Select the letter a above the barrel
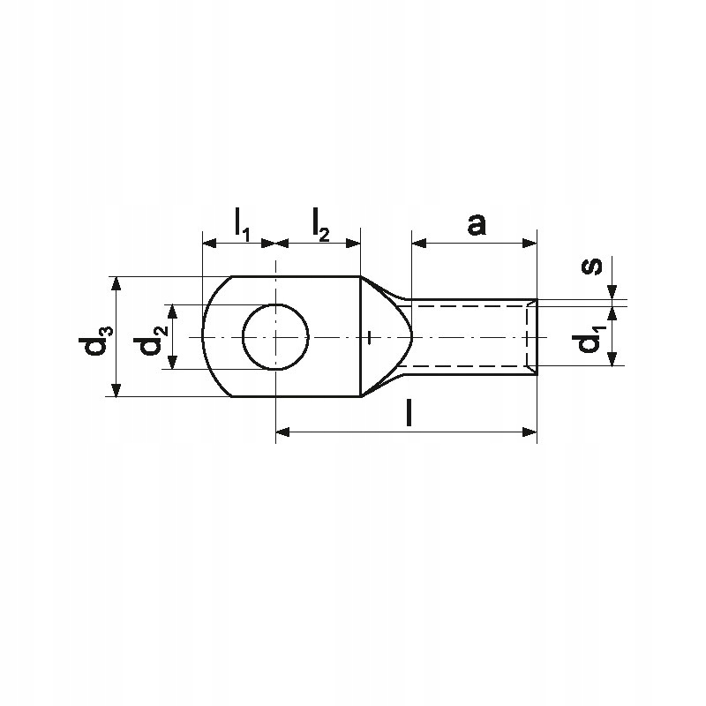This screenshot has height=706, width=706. click(477, 225)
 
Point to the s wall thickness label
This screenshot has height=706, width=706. click(591, 267)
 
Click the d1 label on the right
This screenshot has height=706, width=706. click(590, 342)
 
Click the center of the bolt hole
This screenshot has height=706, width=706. click(275, 337)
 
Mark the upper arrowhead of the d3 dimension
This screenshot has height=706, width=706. click(116, 283)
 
